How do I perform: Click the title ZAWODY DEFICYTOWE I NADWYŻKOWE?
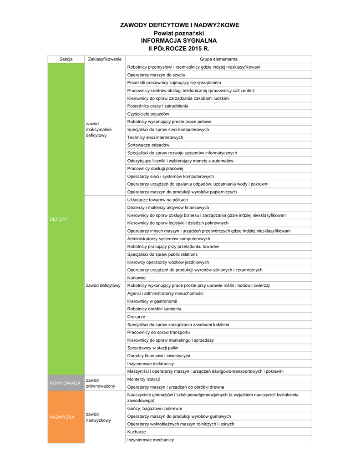(x=179, y=25)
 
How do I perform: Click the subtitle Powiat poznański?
(x=179, y=33)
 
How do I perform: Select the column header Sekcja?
(x=66, y=59)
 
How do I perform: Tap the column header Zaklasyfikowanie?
(x=105, y=59)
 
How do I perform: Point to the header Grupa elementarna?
(x=218, y=59)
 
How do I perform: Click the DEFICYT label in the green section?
(x=59, y=219)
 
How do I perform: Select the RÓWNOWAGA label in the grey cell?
(x=65, y=383)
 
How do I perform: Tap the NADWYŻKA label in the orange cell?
(x=62, y=417)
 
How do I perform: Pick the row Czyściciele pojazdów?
(x=148, y=114)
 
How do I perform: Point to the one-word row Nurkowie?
(x=137, y=278)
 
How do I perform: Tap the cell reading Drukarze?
(x=136, y=317)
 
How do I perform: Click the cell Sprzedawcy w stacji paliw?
(x=153, y=348)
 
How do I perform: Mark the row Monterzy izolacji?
(x=143, y=379)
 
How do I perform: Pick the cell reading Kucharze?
(x=137, y=431)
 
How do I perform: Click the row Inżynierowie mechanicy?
(x=150, y=440)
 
